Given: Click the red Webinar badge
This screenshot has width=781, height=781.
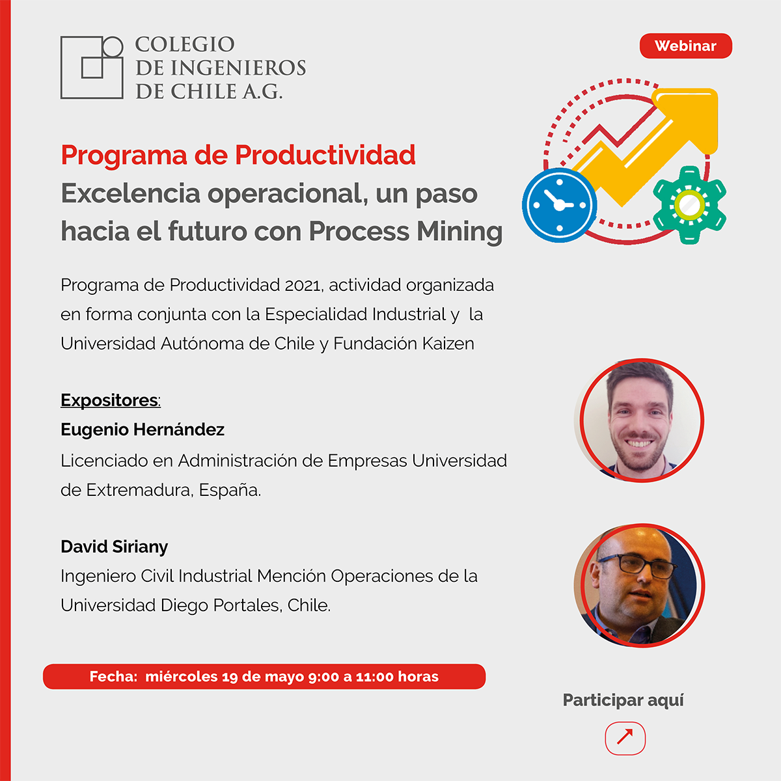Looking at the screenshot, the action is [686, 46].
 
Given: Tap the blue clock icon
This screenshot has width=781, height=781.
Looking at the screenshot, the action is [559, 205].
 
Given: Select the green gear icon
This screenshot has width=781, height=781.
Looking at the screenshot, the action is [689, 204].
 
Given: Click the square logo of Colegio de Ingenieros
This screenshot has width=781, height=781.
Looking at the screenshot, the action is [92, 67].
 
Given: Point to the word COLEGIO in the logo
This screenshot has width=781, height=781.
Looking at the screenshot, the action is [185, 44].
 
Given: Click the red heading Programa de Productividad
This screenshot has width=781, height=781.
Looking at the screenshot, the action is [238, 155].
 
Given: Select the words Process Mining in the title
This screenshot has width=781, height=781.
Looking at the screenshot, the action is [405, 232].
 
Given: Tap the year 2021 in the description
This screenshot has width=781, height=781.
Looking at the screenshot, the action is [303, 285].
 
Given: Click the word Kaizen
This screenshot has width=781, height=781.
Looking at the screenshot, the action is [448, 344].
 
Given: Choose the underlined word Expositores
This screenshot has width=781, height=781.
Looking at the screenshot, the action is [109, 400].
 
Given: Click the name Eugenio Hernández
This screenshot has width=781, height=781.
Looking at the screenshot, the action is [143, 430].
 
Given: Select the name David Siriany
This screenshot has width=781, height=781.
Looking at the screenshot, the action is [115, 546].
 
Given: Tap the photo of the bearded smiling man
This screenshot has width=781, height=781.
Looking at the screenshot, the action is [640, 420].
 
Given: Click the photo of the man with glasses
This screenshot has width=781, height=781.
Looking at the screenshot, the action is [640, 585].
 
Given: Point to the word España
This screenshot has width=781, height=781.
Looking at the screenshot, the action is [229, 491].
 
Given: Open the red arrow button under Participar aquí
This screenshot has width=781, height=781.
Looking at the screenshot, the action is [625, 739].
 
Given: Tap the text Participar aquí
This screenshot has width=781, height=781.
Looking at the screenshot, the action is [623, 700].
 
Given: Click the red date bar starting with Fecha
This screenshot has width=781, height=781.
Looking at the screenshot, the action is [264, 676].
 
